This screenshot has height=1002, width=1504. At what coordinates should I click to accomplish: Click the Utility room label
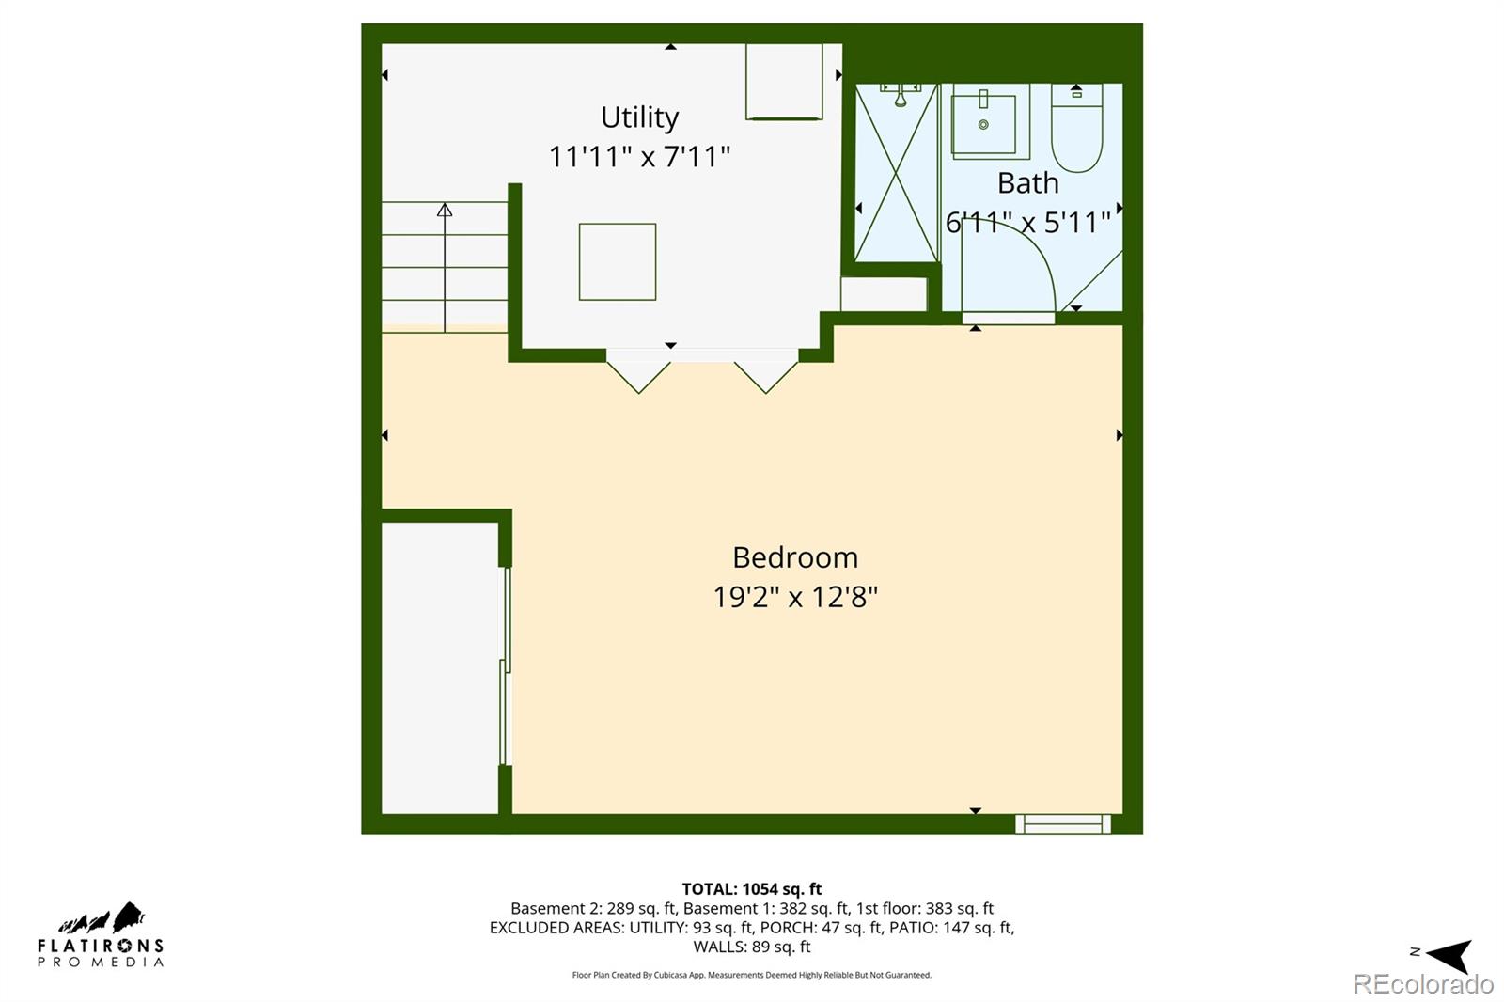tap(639, 117)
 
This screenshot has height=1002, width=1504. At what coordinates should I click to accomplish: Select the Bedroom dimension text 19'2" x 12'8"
tap(795, 597)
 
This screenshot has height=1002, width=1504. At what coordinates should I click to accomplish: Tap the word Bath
tap(1027, 183)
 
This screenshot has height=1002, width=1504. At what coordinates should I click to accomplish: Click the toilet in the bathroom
tap(1076, 132)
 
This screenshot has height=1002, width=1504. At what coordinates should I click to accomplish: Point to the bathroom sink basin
tap(983, 123)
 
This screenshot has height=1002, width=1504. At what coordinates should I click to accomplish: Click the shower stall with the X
tap(897, 174)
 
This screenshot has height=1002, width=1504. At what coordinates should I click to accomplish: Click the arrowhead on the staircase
tap(445, 210)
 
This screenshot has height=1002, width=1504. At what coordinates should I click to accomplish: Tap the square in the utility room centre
tap(617, 261)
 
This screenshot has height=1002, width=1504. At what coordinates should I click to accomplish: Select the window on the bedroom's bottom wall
tap(1062, 824)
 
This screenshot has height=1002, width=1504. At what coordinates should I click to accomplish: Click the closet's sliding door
tap(505, 667)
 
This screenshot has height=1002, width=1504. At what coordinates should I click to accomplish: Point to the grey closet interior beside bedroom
tap(439, 667)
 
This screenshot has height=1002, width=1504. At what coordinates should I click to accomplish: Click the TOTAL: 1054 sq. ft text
tap(751, 888)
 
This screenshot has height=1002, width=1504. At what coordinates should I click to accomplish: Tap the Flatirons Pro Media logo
tap(101, 935)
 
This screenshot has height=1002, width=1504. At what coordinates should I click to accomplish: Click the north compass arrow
tap(1449, 955)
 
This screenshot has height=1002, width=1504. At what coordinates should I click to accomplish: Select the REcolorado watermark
tap(1422, 984)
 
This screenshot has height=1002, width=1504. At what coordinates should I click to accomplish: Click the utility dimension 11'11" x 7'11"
tap(639, 156)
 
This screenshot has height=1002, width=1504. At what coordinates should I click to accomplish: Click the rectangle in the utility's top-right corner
tap(784, 82)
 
